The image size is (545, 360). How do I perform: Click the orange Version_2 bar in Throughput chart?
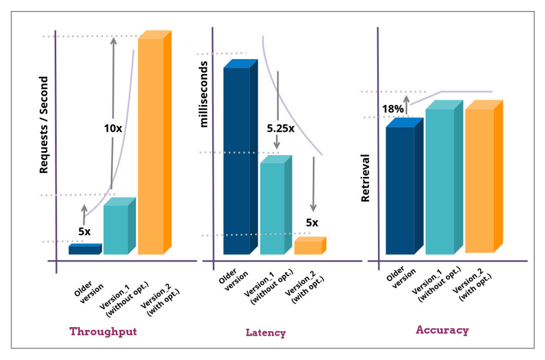151,146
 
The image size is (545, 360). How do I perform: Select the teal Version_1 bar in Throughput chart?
116,229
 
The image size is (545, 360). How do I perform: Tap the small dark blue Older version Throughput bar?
84,250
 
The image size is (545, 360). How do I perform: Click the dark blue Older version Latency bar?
237,160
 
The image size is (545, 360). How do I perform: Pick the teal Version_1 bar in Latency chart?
272,208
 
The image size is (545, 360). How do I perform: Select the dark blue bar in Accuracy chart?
400,190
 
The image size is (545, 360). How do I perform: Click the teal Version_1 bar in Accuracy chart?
440,181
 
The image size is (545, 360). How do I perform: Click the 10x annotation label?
113,128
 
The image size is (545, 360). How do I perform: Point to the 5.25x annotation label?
280,128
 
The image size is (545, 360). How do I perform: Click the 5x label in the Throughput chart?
85,231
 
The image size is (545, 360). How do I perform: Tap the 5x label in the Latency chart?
312,223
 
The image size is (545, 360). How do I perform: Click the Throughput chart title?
103,332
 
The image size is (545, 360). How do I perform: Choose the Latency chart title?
266,333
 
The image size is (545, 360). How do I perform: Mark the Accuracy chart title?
442,330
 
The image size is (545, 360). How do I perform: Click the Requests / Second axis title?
44,125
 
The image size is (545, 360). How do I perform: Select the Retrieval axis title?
366,178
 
